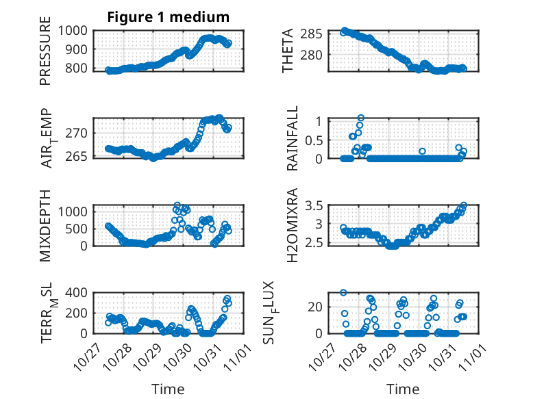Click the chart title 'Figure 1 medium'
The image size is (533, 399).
pos(168,16)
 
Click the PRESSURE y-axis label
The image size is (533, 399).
pos(46,55)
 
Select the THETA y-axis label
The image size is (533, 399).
pos(288,51)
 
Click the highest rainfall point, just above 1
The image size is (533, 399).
pos(361,118)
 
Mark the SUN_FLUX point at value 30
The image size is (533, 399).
pos(343,293)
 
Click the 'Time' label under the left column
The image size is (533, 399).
pos(168,389)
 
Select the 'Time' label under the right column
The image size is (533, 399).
pos(403,389)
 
